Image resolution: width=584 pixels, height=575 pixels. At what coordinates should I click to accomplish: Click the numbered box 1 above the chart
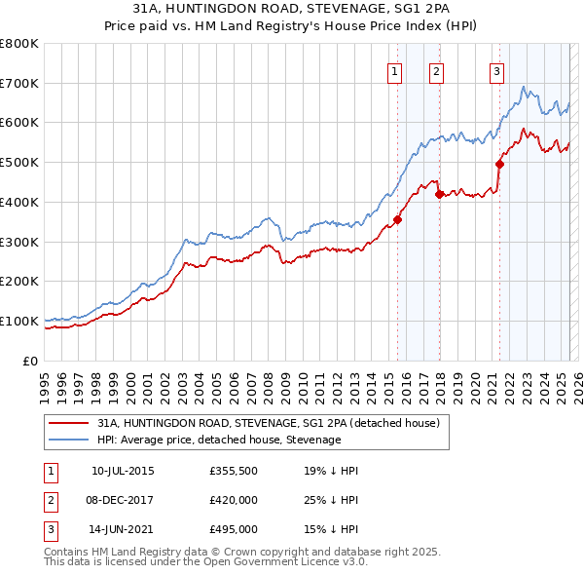pos(395,70)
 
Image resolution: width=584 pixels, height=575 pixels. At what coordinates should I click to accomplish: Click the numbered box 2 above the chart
pos(436,70)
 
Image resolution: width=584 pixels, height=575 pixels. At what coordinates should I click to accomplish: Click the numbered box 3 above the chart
pos(496,70)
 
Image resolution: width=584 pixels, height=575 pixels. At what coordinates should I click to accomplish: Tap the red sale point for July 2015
pos(397,219)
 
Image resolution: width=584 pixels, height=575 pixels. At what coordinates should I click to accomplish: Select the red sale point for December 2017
pos(439,194)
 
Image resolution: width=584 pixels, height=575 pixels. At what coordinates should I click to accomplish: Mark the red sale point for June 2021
pos(499,164)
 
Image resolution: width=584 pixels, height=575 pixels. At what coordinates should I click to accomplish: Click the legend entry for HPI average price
pos(219,440)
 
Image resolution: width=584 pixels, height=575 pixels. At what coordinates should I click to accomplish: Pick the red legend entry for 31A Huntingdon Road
pos(269,423)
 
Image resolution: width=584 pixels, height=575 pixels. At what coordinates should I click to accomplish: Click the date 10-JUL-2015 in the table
pos(123,471)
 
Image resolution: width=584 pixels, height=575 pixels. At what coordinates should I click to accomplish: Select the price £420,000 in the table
pos(233,501)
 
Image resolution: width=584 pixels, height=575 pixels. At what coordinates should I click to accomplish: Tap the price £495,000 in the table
pos(233,530)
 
